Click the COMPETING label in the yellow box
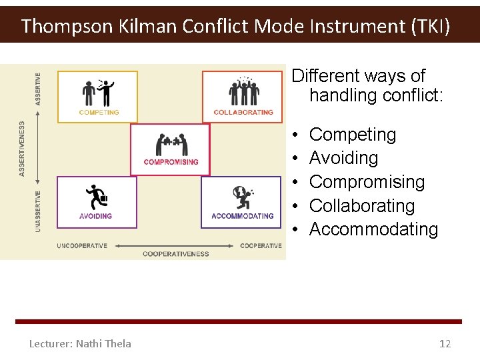99,113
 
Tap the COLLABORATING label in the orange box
243,113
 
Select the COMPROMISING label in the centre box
171,162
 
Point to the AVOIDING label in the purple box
95,216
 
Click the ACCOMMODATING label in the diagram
243,216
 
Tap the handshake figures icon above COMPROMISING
171,144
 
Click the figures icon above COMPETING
98,93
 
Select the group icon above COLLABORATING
243,92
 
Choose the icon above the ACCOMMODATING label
243,197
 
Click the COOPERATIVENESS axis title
175,254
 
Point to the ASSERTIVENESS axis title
23,148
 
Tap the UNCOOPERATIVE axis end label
82,246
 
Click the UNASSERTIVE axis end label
38,211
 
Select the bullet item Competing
353,135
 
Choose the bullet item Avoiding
343,158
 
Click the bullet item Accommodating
373,229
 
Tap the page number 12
445,344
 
